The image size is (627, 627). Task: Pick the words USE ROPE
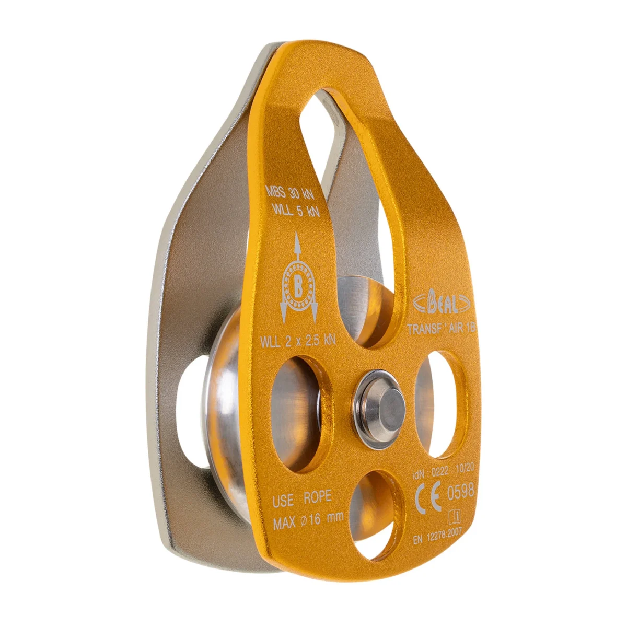click(x=302, y=497)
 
